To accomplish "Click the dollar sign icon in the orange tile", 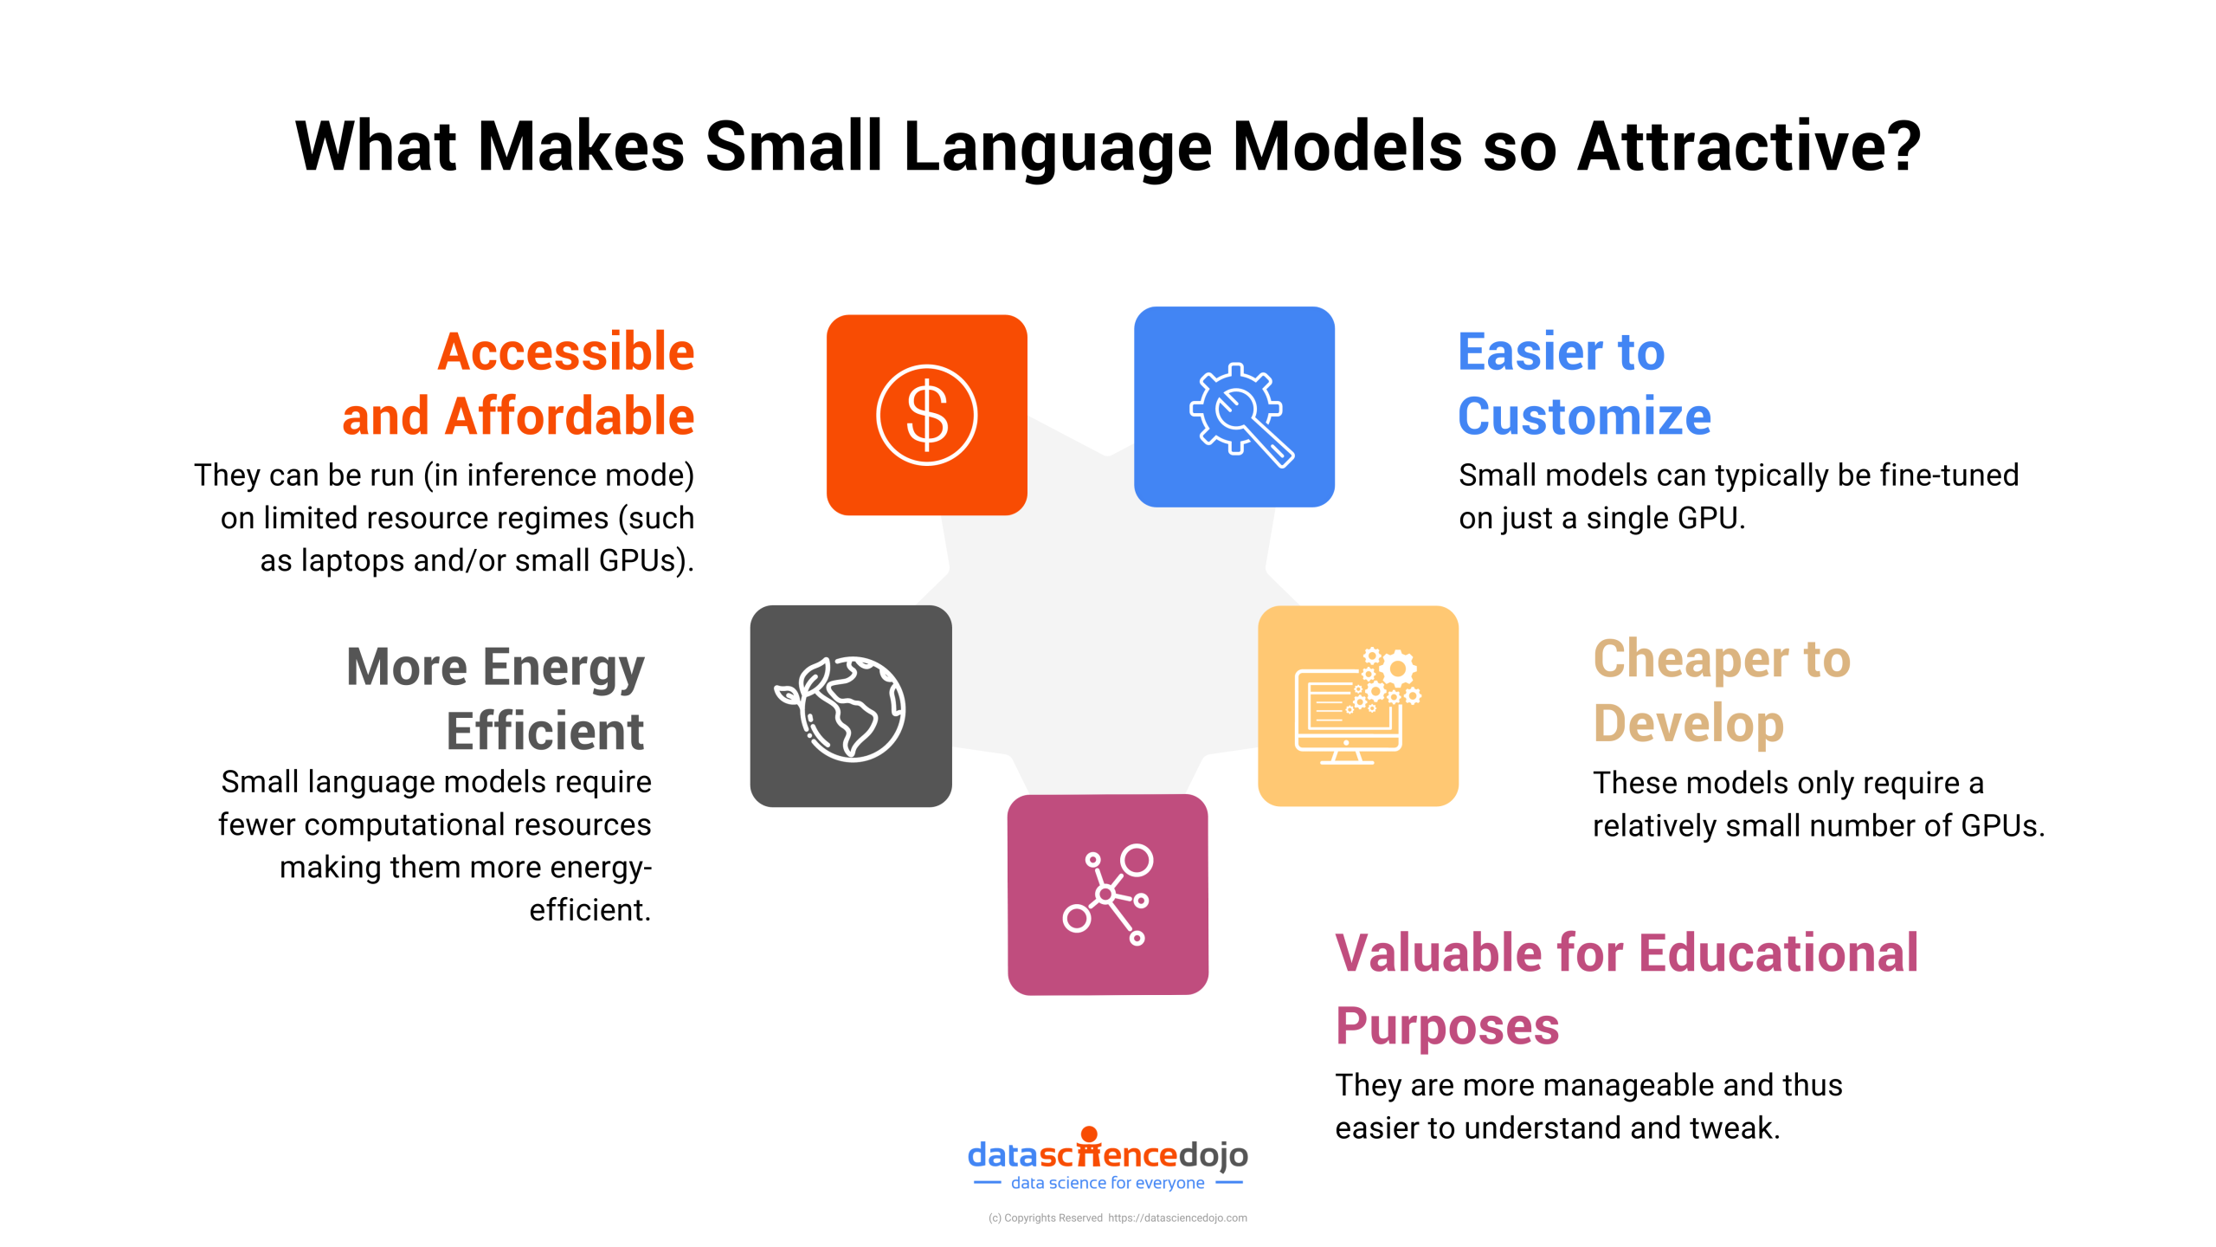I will (x=926, y=415).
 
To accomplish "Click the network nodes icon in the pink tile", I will (x=1107, y=895).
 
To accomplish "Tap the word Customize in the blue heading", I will (x=1584, y=417).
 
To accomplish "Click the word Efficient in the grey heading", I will (x=545, y=731).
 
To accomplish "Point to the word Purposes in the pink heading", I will (x=1446, y=1026).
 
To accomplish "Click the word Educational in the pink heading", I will (x=1778, y=953).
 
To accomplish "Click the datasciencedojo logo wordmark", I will (x=1107, y=1154).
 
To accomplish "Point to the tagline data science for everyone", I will (x=1107, y=1183).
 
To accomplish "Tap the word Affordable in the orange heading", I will (x=569, y=417).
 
